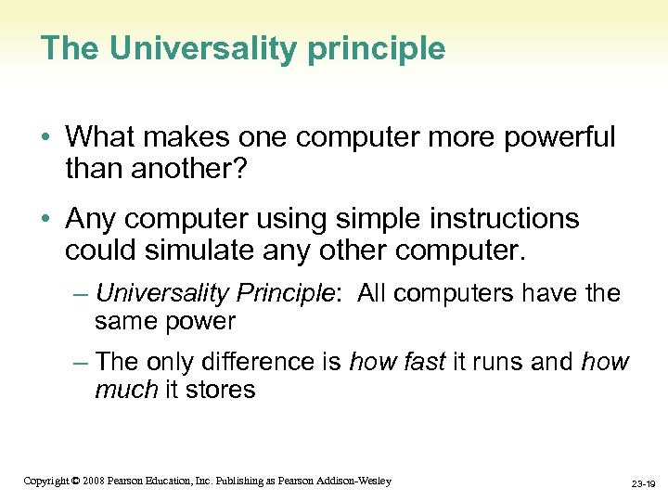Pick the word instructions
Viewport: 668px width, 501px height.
[x=512, y=220]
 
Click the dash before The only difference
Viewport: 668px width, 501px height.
[x=81, y=361]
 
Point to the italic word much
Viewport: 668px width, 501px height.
[x=126, y=389]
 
